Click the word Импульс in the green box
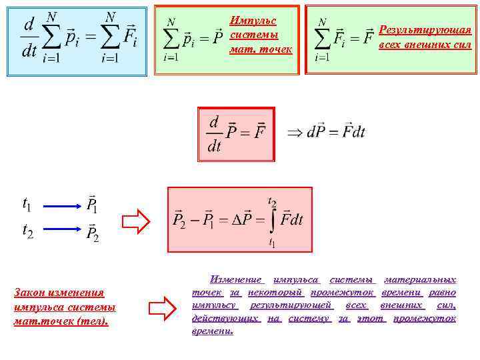click(x=253, y=21)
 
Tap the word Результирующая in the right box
click(x=425, y=30)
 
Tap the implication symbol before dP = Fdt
click(x=294, y=131)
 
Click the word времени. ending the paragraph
click(x=213, y=331)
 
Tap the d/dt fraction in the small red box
click(x=213, y=133)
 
